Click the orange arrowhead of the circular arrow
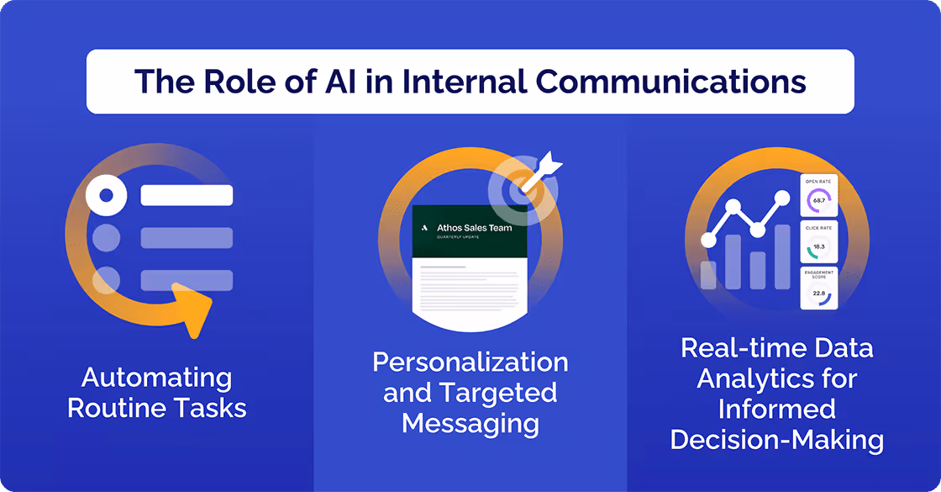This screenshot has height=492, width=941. point(192,309)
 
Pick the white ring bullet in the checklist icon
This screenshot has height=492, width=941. point(106,196)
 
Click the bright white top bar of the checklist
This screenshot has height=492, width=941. point(187,196)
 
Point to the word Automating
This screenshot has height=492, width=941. point(156,378)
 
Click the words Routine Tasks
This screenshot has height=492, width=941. point(156,408)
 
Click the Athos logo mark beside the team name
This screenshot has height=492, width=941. point(425,227)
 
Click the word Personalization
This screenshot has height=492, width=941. point(470,362)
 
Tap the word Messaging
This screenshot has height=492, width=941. point(470,423)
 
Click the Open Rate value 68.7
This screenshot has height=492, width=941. point(819,200)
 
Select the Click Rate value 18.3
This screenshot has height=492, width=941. point(819,246)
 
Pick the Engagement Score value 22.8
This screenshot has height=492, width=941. point(819,293)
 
